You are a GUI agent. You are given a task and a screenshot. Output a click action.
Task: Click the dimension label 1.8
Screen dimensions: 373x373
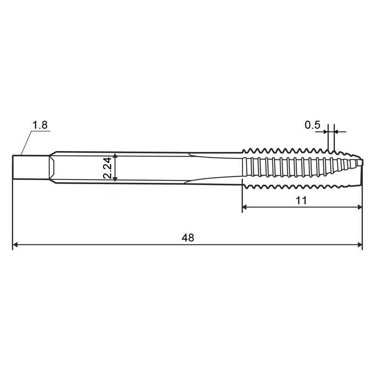[x=40, y=125]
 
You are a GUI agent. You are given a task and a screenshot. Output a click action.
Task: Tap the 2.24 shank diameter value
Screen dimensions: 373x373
[x=108, y=168]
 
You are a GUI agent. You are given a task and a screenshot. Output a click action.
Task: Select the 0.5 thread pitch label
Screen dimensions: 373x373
[x=312, y=125]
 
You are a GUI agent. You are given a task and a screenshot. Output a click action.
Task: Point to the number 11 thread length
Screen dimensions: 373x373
[x=301, y=200]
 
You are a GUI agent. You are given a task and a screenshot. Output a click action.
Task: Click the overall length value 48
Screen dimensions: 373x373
[x=188, y=238]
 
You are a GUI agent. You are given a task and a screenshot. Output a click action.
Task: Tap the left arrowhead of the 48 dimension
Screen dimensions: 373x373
[x=15, y=244]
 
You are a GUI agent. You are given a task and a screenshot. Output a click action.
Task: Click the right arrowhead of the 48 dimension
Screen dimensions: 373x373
[x=359, y=244]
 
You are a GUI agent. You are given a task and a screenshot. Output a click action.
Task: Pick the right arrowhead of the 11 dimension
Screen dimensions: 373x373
[x=359, y=207]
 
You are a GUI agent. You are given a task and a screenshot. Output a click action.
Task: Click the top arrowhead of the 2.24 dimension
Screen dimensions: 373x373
[x=115, y=156]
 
